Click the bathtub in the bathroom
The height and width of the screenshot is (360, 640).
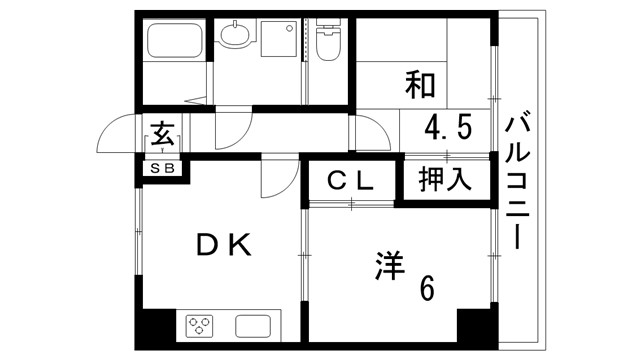coord(174,43)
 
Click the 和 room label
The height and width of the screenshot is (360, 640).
coord(421,84)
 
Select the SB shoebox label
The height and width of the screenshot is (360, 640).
coord(162,168)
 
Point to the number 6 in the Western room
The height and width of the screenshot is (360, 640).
coord(427,288)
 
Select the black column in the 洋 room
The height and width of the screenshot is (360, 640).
coord(474,327)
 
